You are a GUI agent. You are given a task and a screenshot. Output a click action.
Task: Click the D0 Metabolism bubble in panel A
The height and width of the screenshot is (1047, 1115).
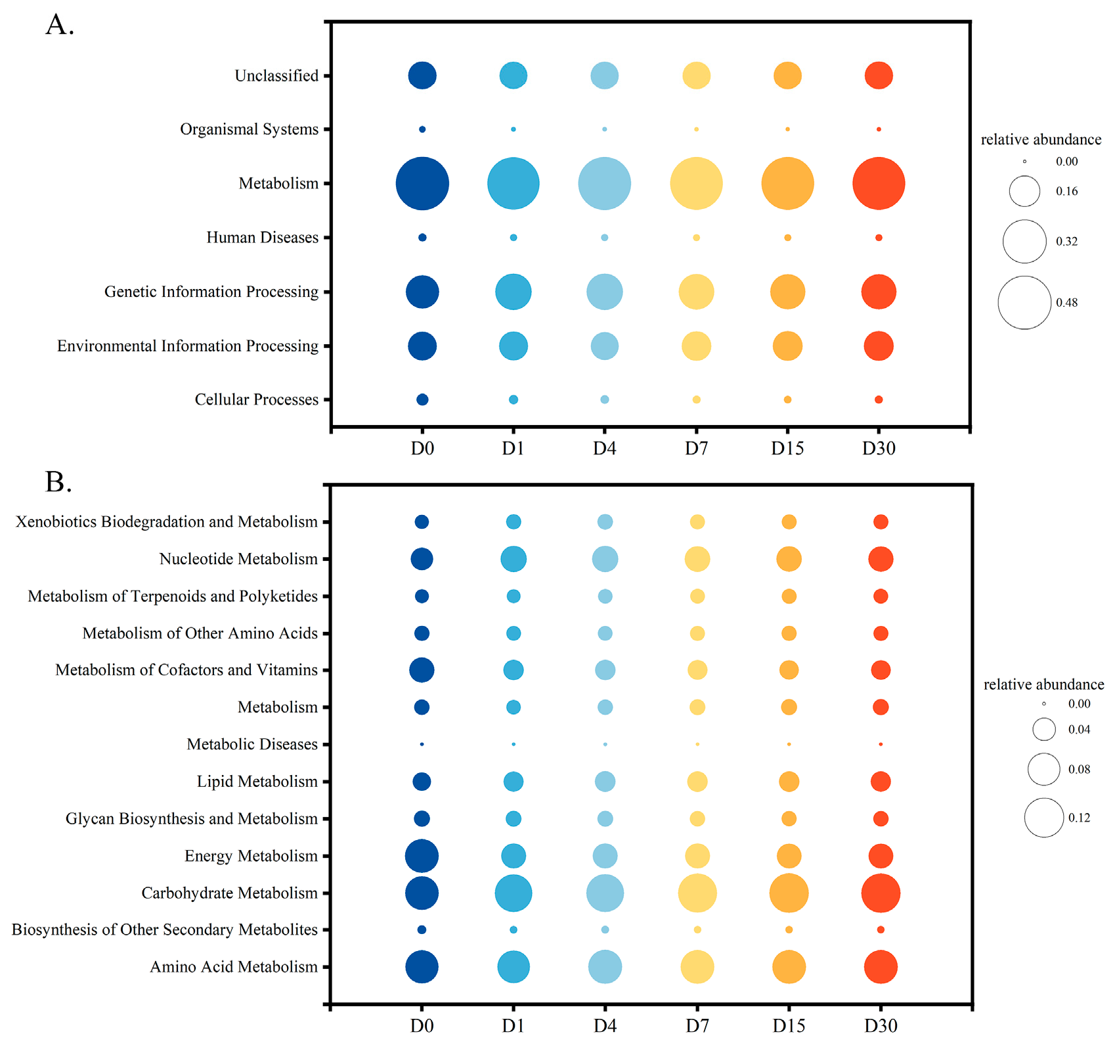422,183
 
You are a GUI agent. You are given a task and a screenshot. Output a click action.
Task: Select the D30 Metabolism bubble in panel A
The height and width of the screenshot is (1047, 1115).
879,183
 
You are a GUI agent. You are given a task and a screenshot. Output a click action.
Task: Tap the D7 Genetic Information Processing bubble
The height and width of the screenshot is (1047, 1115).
696,292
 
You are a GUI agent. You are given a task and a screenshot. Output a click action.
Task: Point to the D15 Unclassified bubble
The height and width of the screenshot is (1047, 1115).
787,76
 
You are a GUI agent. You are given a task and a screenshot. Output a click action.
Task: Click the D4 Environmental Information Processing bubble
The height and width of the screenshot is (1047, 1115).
604,346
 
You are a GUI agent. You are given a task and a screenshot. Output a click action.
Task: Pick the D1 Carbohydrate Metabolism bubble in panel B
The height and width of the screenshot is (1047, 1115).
514,893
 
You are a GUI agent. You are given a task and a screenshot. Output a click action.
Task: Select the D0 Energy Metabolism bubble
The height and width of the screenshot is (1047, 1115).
422,857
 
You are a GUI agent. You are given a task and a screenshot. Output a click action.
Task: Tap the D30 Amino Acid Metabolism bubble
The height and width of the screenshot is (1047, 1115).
881,967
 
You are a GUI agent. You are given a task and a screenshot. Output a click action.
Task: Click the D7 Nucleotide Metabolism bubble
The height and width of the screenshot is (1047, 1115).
697,559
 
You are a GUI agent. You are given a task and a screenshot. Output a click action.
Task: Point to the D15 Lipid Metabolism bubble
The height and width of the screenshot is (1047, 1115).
789,782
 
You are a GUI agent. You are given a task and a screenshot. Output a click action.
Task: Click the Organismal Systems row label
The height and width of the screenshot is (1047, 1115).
249,129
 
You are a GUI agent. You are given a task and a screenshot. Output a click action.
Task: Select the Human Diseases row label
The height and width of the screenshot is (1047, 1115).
262,237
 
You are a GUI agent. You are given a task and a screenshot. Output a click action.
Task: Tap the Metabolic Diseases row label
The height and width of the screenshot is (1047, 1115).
251,744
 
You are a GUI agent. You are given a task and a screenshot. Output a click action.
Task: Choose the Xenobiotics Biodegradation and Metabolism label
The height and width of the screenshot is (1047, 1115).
166,522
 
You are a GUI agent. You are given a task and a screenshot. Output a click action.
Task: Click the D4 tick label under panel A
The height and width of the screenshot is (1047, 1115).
604,449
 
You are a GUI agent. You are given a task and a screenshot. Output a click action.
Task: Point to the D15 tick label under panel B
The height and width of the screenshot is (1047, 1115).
789,1025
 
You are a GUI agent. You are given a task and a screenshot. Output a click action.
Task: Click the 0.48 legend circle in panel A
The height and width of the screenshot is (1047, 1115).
1024,302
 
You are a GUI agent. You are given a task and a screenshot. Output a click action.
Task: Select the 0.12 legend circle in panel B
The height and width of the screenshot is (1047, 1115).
1043,818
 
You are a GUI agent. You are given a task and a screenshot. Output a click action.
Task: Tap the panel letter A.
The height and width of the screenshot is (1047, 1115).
58,25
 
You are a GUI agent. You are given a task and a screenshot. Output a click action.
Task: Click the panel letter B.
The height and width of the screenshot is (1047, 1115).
58,482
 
